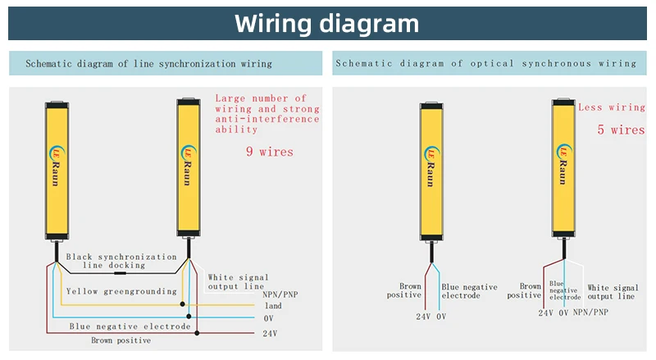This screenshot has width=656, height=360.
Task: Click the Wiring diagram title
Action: click(326, 22)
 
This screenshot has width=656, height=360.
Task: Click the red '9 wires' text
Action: click(270, 152)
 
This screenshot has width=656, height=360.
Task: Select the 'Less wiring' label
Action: click(612, 107)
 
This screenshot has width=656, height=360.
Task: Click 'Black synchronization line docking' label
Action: click(121, 261)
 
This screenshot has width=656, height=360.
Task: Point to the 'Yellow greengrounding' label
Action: click(121, 291)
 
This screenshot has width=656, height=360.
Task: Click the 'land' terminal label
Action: click(273, 306)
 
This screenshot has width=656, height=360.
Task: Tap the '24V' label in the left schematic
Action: click(271, 334)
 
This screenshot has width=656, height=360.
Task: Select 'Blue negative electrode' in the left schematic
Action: click(130, 326)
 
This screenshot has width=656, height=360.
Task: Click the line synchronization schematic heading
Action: click(148, 63)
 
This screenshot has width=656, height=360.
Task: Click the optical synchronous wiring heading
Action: click(486, 63)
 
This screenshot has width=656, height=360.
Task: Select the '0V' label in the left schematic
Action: click(268, 318)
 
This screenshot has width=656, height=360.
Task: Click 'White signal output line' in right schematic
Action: click(610, 292)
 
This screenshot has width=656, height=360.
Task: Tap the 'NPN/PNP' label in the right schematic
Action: click(590, 312)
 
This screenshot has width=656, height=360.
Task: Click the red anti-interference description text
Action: click(267, 114)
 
